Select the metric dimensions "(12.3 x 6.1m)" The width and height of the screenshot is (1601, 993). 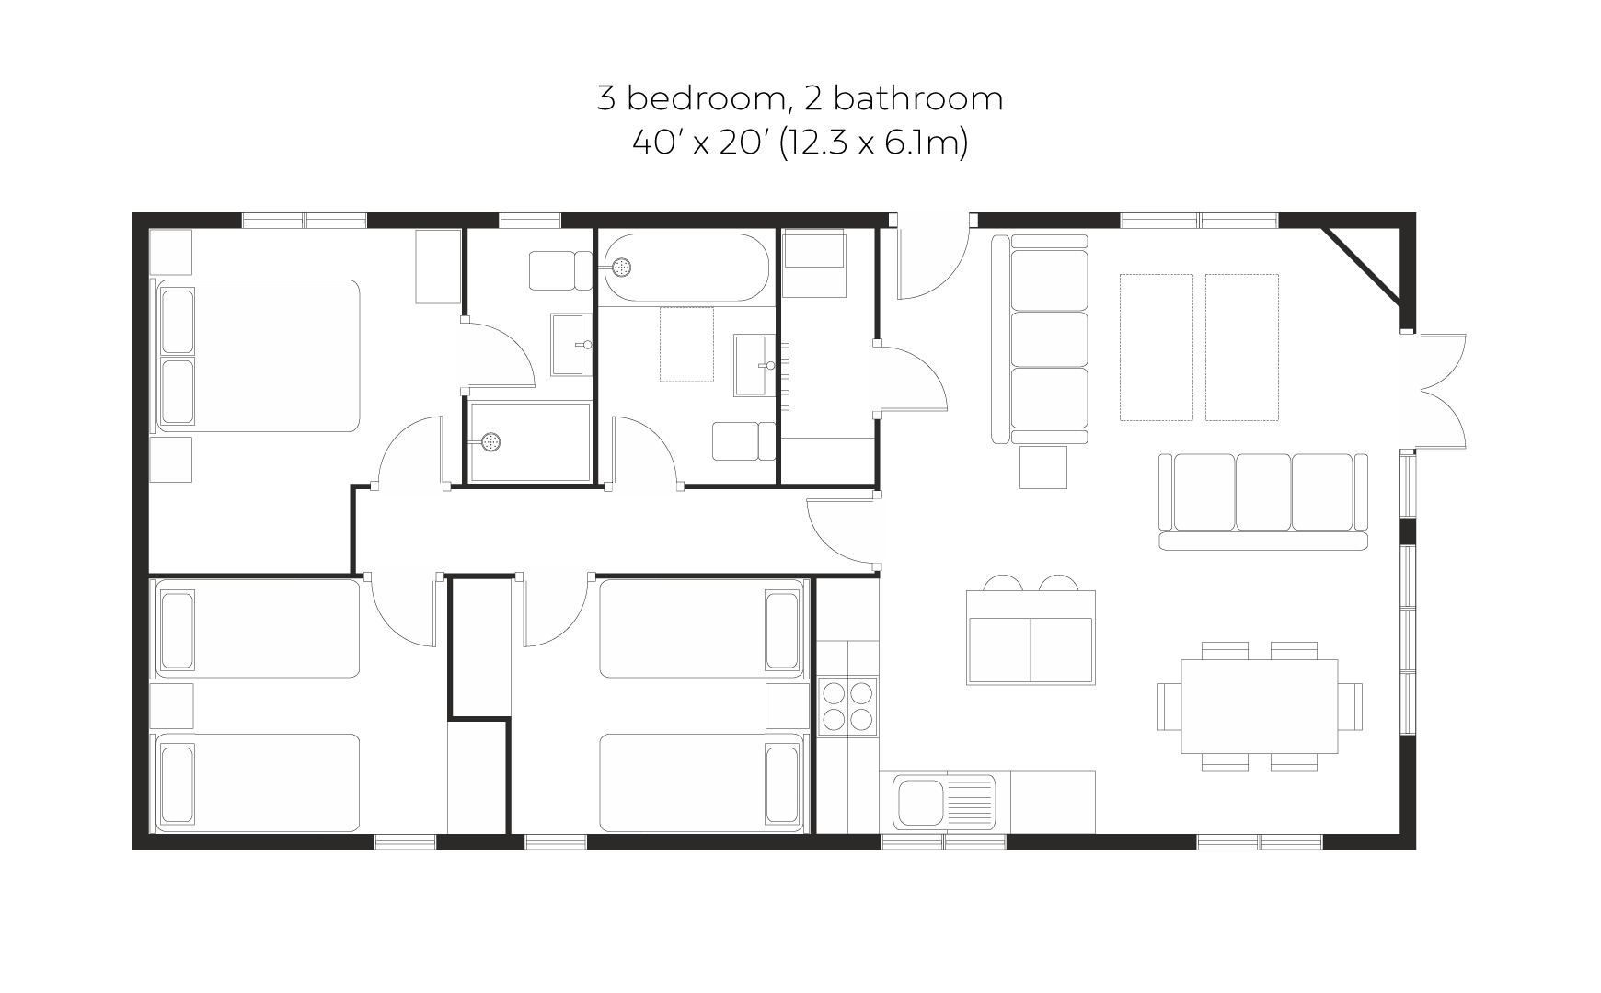point(873,143)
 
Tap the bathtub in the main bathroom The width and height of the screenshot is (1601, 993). point(686,268)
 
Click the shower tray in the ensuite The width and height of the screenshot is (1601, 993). point(530,442)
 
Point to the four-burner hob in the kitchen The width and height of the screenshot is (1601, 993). point(848,705)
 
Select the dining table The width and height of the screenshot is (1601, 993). point(1260,706)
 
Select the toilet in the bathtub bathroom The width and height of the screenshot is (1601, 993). point(744,441)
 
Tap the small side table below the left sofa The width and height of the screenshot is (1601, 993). point(1043,467)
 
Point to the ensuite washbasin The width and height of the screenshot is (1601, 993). point(571,345)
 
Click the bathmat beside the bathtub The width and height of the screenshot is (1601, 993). point(686,345)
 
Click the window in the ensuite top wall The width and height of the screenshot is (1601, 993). point(530,221)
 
